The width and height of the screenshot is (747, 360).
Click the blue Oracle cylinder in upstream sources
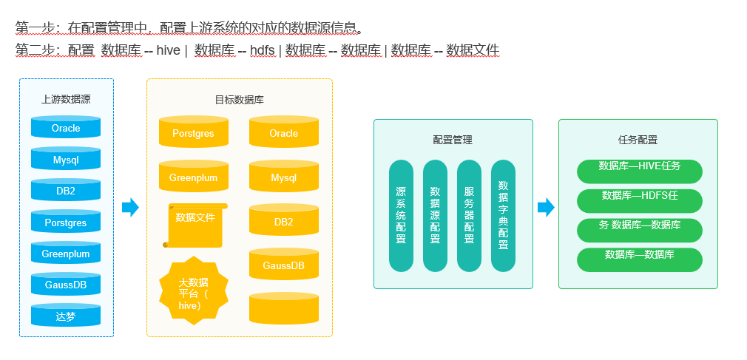click(66, 128)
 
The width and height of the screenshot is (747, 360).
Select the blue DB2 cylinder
click(66, 191)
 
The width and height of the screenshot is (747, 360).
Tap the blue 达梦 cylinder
click(66, 316)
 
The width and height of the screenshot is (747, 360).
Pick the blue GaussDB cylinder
click(66, 285)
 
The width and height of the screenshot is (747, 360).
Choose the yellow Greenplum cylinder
click(193, 178)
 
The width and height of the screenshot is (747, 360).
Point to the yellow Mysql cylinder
click(283, 178)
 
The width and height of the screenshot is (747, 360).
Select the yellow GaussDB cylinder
click(283, 265)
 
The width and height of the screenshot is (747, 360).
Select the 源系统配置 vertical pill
click(401, 215)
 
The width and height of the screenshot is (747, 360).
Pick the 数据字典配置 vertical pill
click(503, 215)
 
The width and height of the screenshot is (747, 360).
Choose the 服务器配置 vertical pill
click(469, 215)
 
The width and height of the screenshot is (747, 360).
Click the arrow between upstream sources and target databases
click(130, 208)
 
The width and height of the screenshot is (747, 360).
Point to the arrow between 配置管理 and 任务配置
click(546, 208)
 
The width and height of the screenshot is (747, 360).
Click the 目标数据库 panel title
click(239, 99)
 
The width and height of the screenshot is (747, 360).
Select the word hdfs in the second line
click(262, 50)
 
